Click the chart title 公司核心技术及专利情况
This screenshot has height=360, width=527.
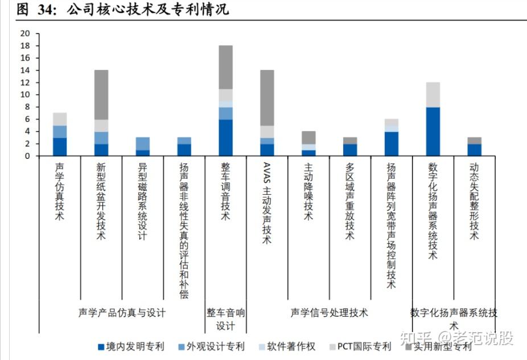click(x=148, y=10)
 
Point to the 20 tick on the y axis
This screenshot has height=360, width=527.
click(x=24, y=33)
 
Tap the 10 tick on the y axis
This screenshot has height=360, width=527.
click(x=24, y=95)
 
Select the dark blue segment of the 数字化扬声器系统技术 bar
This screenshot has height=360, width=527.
click(x=433, y=131)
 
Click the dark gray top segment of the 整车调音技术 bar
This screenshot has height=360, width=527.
click(x=226, y=67)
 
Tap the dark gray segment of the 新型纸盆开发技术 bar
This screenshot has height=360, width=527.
click(x=101, y=95)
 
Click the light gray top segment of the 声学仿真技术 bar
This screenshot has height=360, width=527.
click(x=60, y=118)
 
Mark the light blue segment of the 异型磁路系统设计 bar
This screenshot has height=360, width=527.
click(x=143, y=144)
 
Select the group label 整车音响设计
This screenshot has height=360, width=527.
click(x=225, y=319)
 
